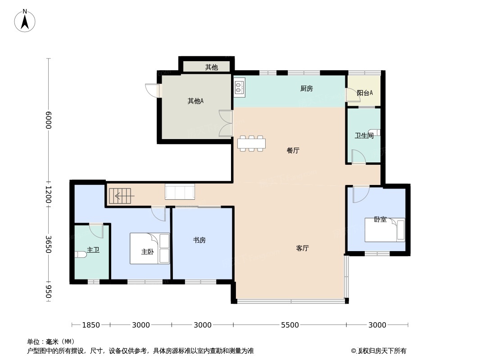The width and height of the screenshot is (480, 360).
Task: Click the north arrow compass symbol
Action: [x=25, y=21]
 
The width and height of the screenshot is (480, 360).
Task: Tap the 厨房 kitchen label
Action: [x=307, y=89]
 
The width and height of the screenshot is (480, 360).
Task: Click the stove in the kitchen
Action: [x=240, y=87]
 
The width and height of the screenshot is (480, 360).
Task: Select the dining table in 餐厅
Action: [x=251, y=144]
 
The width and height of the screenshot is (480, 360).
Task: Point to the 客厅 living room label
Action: [x=303, y=248]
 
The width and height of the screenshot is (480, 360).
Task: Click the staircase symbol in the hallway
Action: [x=122, y=196]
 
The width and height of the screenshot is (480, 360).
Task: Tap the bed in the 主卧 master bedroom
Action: [x=149, y=248]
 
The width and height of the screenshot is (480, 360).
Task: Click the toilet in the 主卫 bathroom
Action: [x=81, y=254]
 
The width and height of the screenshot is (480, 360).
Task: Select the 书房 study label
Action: [x=199, y=240]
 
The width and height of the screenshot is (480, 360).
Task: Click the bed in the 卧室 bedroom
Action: [x=385, y=229]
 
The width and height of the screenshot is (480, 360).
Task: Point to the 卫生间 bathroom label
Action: [x=364, y=135]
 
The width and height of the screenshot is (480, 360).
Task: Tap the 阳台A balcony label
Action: [x=365, y=93]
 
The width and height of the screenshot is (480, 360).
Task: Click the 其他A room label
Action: [x=195, y=101]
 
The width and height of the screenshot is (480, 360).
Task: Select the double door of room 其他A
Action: [x=226, y=123]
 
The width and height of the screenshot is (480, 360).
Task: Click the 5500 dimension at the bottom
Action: [x=290, y=325]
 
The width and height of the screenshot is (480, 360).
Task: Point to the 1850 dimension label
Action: [x=91, y=325]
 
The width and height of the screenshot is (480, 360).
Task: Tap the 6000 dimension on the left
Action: [x=49, y=120]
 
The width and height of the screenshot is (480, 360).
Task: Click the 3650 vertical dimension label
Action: [x=49, y=244]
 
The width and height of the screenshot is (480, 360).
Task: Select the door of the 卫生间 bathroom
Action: [x=358, y=156]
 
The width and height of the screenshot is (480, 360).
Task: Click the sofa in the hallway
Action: [x=180, y=191]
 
